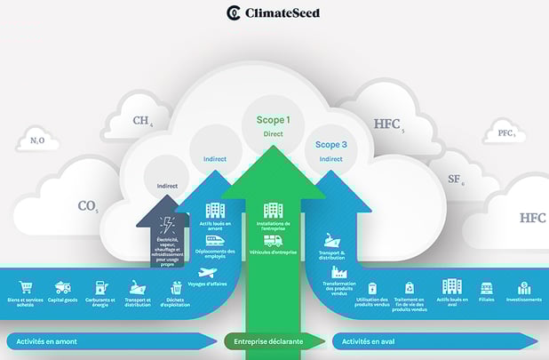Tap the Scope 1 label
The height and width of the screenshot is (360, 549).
273,119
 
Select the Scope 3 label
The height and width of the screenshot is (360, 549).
331,144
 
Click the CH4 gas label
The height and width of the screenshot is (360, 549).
142,122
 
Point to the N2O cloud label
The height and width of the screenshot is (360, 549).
37,140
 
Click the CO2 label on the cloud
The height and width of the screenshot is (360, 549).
87,206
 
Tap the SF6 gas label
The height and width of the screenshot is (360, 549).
455,179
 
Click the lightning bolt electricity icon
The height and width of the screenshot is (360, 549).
167,226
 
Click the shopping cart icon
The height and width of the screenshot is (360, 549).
26,287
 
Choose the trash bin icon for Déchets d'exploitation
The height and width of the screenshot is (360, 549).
176,287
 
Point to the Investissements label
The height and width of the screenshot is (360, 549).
524,300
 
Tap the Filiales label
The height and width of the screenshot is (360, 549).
486,300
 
